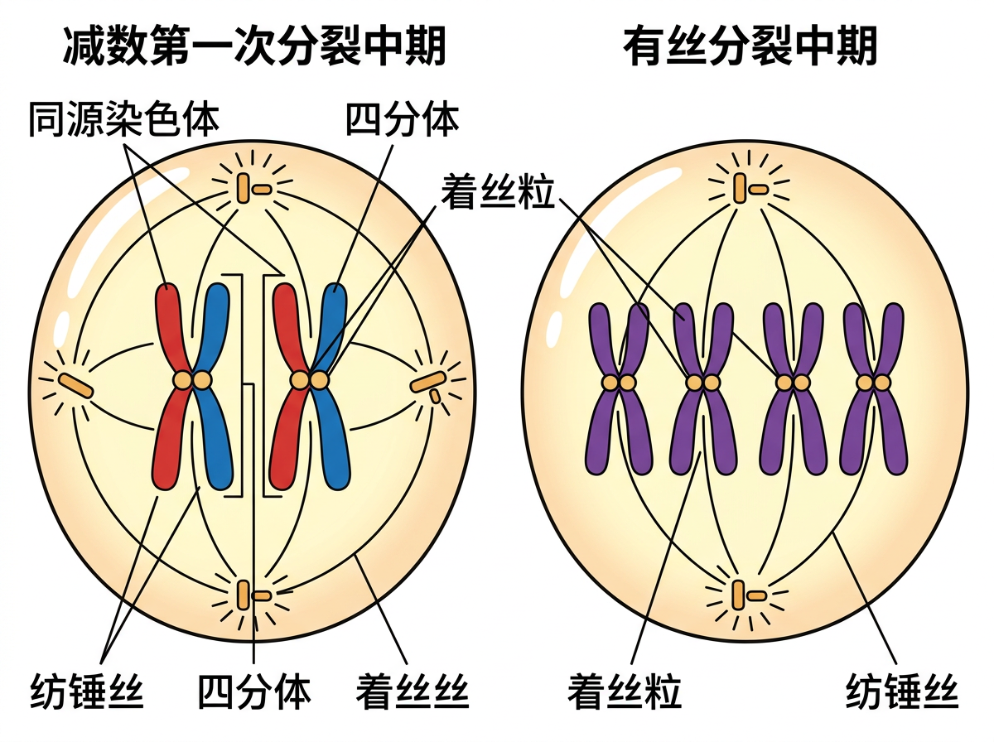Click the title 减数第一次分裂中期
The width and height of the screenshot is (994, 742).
click(x=254, y=46)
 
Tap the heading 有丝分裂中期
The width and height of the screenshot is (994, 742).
click(x=750, y=46)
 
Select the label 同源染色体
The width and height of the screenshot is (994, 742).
click(x=124, y=119)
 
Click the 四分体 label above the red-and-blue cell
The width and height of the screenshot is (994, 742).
click(x=402, y=119)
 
